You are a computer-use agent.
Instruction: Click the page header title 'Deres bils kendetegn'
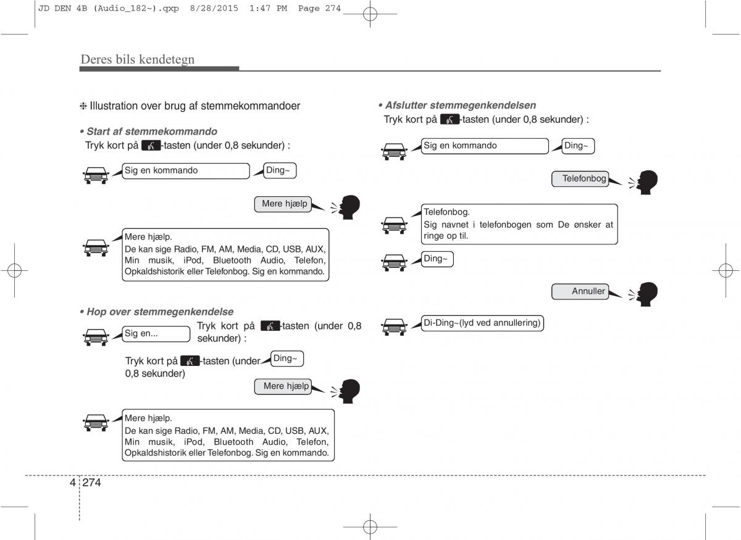pyautogui.click(x=137, y=59)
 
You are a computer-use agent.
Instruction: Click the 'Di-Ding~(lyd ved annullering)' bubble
pyautogui.click(x=482, y=323)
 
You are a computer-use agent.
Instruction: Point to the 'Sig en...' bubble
pyautogui.click(x=156, y=334)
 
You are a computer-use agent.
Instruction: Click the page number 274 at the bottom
pyautogui.click(x=91, y=483)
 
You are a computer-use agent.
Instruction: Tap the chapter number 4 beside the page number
pyautogui.click(x=73, y=483)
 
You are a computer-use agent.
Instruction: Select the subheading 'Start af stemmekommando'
pyautogui.click(x=151, y=131)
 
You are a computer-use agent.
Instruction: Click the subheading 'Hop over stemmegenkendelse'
pyautogui.click(x=160, y=312)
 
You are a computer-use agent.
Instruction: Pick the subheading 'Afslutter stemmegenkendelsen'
pyautogui.click(x=460, y=105)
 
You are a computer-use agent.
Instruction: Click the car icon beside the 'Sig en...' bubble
pyautogui.click(x=96, y=336)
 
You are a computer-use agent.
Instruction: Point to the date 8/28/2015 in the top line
pyautogui.click(x=214, y=9)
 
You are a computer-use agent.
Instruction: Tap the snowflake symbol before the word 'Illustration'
pyautogui.click(x=83, y=106)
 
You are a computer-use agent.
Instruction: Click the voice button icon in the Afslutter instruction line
pyautogui.click(x=450, y=120)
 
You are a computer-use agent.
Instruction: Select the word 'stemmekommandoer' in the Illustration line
pyautogui.click(x=249, y=106)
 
